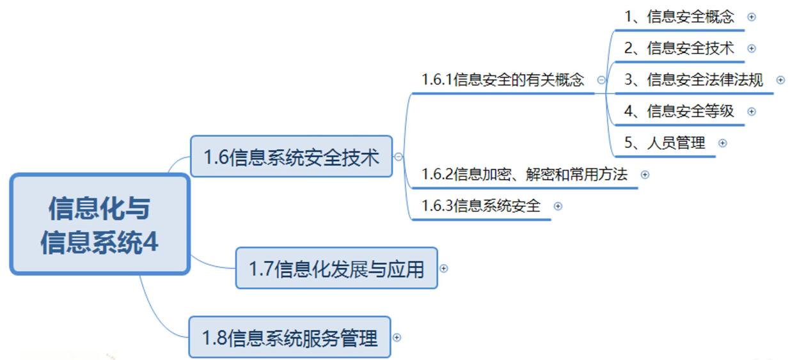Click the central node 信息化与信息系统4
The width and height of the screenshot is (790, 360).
[x=100, y=224]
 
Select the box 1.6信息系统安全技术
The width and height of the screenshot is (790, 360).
[x=291, y=157]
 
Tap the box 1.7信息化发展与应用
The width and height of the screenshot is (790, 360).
[x=336, y=269]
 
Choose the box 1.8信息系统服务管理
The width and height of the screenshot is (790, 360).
[x=289, y=337]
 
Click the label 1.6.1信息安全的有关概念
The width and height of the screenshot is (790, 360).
[x=503, y=80]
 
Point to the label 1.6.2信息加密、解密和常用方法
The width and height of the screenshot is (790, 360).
[x=525, y=174]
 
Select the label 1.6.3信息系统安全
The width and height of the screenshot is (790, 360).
[x=481, y=206]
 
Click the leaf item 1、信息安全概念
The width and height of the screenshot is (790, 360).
[x=679, y=17]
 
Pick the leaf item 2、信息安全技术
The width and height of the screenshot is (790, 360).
[x=679, y=48]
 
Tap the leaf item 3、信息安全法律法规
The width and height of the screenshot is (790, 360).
[x=693, y=80]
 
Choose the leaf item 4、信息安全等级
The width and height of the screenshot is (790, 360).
[x=679, y=111]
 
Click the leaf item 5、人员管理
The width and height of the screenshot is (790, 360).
[x=665, y=143]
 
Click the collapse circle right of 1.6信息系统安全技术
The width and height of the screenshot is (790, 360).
[x=399, y=157]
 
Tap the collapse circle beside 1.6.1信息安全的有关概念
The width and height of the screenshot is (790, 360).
[x=601, y=80]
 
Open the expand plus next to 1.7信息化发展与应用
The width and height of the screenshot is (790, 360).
[x=443, y=269]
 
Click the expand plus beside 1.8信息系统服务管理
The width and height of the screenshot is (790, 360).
[x=397, y=337]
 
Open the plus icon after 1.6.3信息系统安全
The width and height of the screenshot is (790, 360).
[x=558, y=206]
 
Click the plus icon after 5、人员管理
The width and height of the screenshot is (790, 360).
[x=722, y=143]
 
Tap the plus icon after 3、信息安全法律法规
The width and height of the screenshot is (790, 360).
[x=780, y=80]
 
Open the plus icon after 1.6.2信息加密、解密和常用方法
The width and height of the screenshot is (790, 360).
[x=645, y=174]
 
